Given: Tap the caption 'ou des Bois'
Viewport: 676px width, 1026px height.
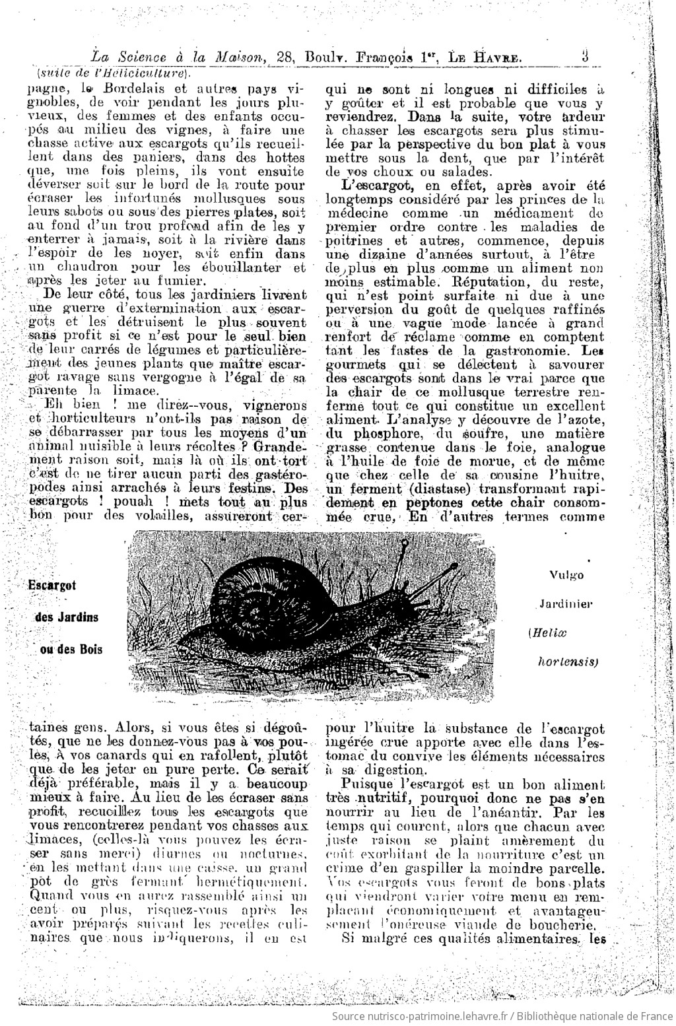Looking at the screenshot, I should click(x=71, y=648).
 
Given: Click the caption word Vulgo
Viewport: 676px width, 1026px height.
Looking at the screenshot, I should click(x=566, y=574).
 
